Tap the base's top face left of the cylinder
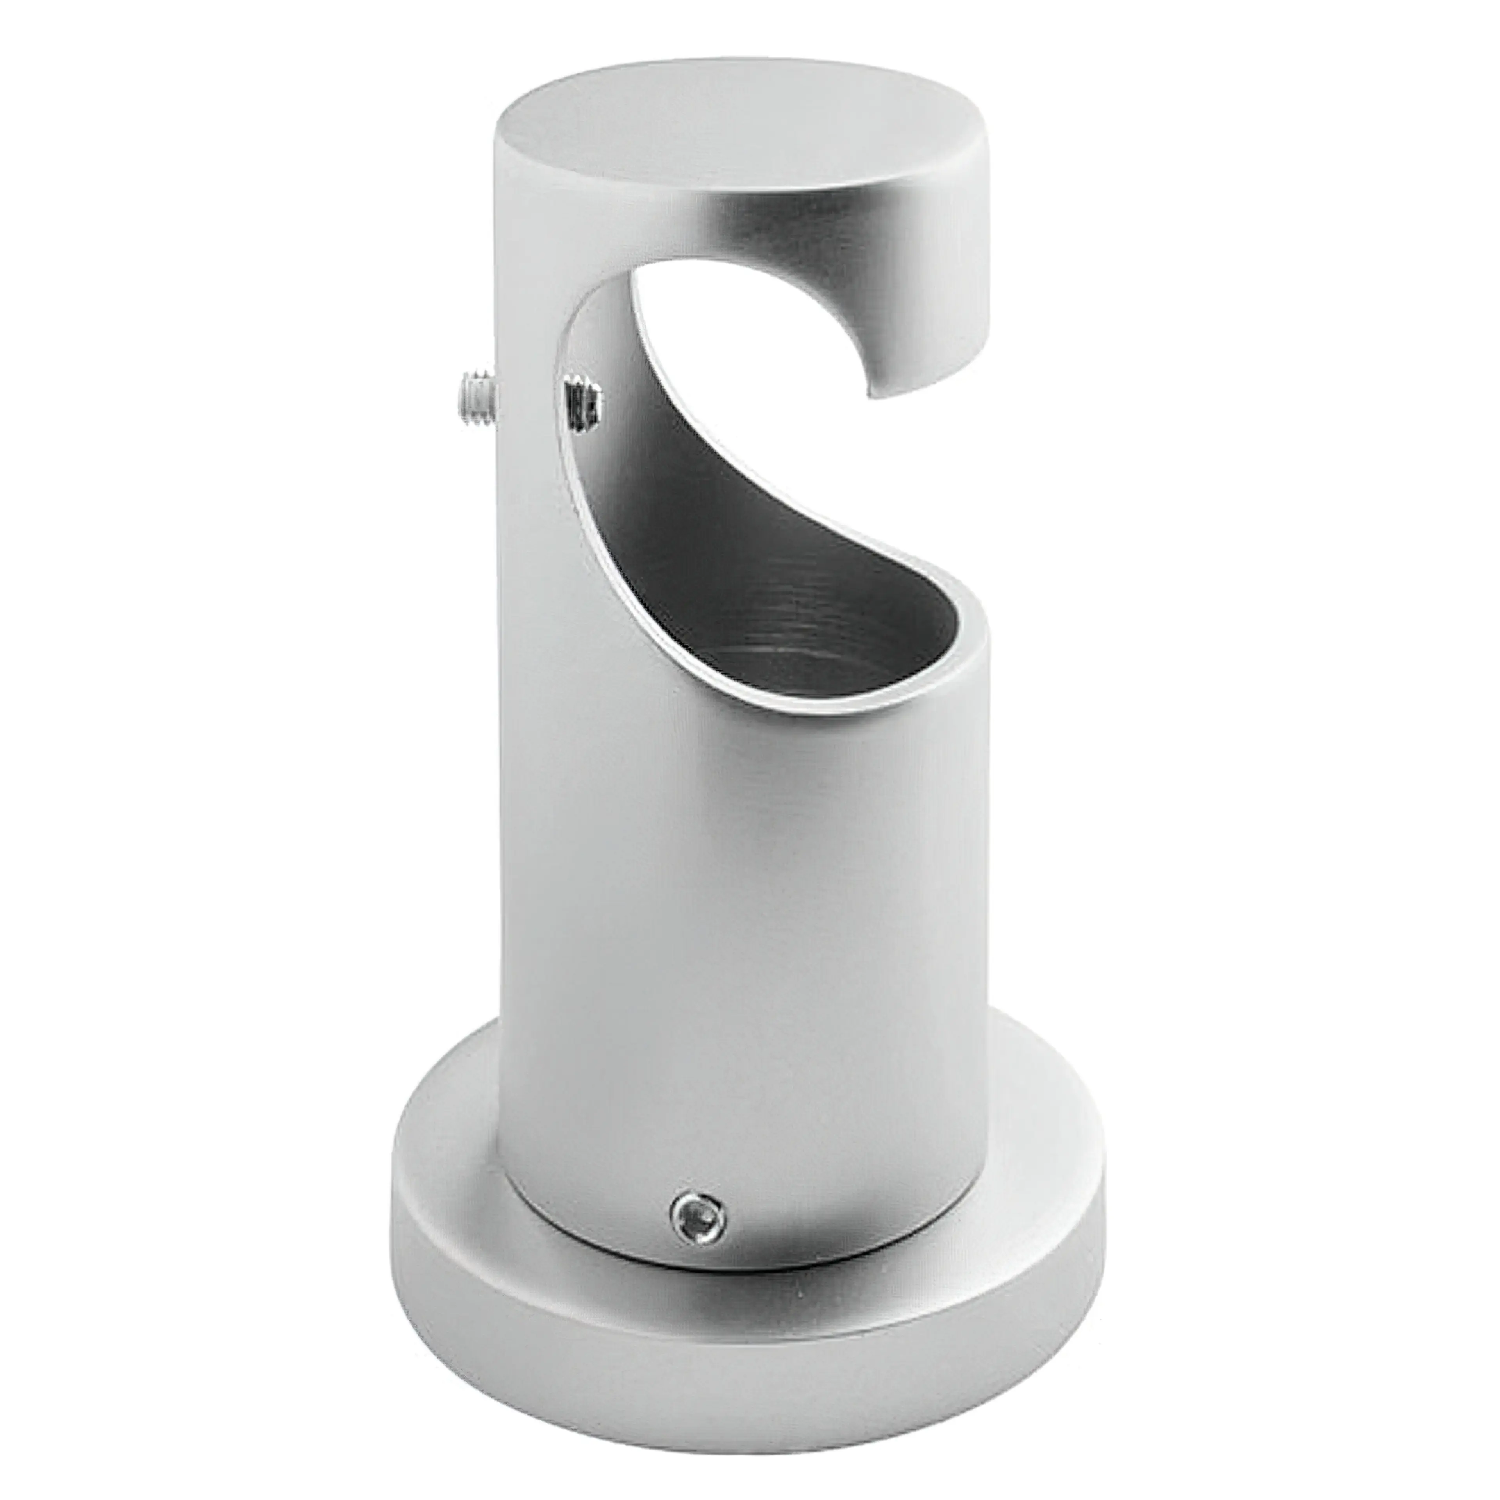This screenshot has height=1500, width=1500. coord(450,1126)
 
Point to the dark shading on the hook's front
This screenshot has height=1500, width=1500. coord(777,233)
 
